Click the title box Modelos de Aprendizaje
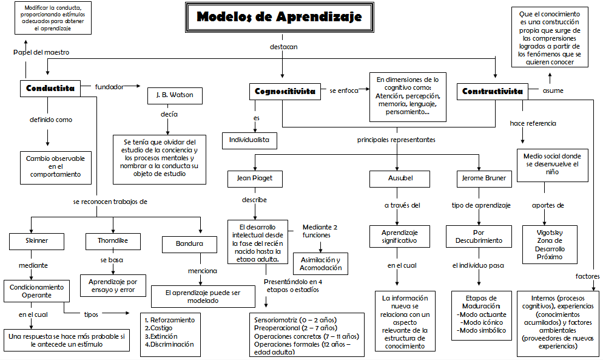tap(279, 17)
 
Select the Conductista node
tap(50, 88)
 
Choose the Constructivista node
tap(492, 91)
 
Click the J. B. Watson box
tap(175, 96)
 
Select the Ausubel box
tap(400, 179)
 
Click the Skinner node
tap(37, 241)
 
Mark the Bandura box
tap(190, 244)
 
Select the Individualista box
tap(249, 140)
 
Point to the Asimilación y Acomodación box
tap(321, 264)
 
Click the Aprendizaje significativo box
tap(399, 236)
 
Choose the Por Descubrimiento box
tap(479, 236)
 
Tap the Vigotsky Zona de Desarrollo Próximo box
tap(550, 245)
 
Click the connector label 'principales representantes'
tap(396, 140)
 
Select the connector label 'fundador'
tap(109, 87)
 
